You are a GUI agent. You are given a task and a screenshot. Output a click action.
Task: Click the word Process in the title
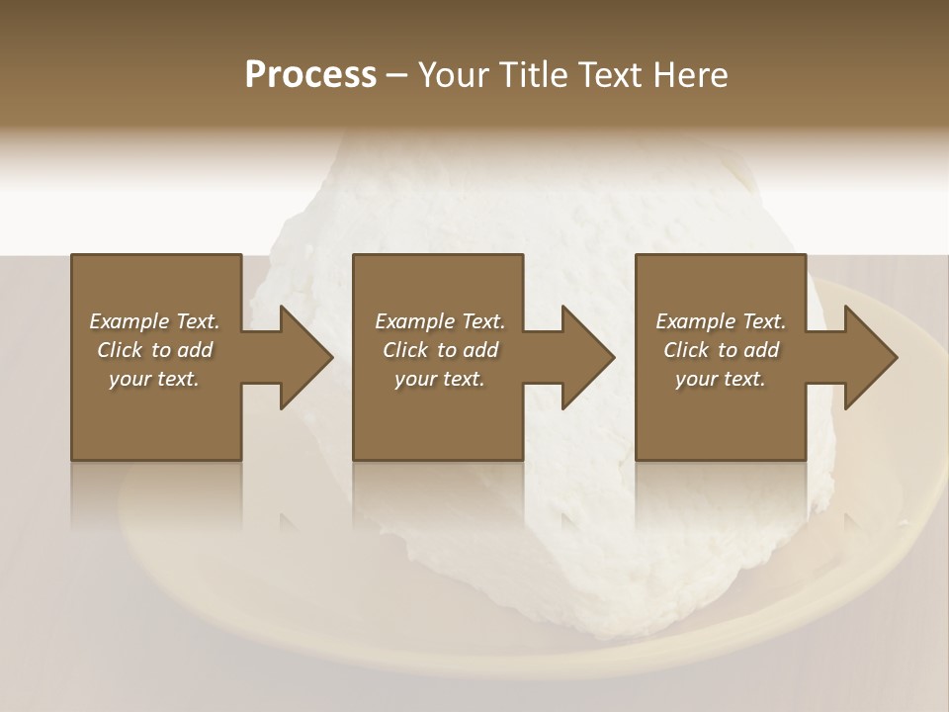click(x=310, y=75)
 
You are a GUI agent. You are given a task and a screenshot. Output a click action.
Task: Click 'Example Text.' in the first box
click(x=154, y=321)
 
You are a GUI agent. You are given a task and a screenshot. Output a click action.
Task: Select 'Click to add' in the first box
click(x=154, y=350)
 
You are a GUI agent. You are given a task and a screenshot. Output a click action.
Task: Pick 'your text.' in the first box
click(x=154, y=379)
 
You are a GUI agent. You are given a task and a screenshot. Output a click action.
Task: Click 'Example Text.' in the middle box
click(x=440, y=321)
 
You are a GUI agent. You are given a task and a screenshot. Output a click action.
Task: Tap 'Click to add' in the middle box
click(x=440, y=350)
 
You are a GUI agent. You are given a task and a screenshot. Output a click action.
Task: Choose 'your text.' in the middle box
click(x=440, y=379)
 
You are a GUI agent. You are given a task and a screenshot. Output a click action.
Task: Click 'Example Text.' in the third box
click(x=721, y=321)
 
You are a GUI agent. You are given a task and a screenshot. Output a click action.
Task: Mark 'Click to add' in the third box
click(x=721, y=350)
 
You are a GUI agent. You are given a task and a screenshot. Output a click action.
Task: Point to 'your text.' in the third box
click(x=721, y=379)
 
